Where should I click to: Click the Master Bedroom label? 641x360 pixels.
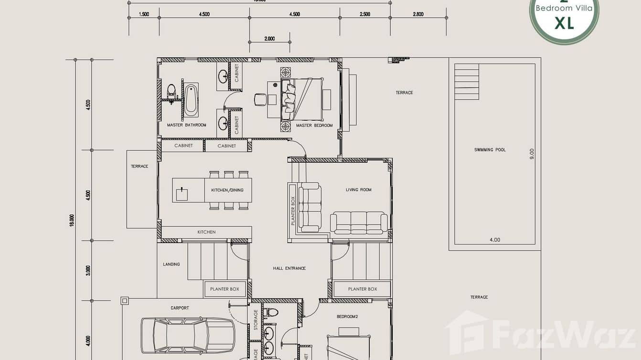314,126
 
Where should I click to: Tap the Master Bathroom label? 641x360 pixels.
186,125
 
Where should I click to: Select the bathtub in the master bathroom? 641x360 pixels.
191,100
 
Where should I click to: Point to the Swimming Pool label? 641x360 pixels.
490,150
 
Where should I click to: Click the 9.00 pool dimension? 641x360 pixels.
532,154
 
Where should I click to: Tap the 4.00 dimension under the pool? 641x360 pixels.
494,240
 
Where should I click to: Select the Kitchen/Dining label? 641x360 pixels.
227,190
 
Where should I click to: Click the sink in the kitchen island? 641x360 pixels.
182,194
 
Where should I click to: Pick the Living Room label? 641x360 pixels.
359,190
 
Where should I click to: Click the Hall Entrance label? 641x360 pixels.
289,268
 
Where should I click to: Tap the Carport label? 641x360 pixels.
180,308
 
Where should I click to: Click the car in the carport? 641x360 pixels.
187,335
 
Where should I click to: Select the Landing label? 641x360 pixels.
171,264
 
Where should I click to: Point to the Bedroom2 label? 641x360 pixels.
347,317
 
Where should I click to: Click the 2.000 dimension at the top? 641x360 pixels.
269,39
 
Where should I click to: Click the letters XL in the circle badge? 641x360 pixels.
564,23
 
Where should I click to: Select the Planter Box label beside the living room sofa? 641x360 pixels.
293,211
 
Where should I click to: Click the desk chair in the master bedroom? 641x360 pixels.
260,100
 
